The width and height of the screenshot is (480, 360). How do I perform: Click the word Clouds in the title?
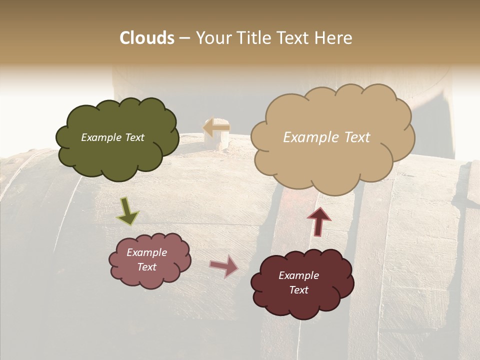[147, 38]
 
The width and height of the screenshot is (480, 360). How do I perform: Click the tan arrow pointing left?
[216, 127]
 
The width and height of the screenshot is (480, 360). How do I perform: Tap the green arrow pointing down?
[127, 210]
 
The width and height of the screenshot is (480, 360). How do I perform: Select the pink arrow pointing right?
[224, 266]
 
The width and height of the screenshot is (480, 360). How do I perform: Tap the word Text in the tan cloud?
[353, 137]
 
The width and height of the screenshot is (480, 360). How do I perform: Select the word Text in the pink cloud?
[146, 267]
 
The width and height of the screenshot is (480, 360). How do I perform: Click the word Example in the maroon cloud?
[298, 275]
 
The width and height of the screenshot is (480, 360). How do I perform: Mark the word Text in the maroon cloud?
[298, 290]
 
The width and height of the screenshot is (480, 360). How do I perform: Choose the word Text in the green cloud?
[134, 137]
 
